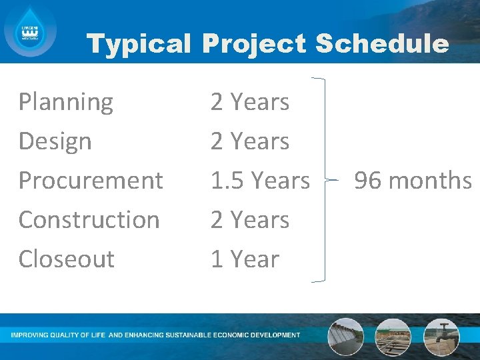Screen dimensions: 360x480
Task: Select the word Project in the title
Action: pyautogui.click(x=253, y=44)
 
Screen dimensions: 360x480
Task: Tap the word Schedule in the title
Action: pyautogui.click(x=381, y=44)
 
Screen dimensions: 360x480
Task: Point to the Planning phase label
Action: pyautogui.click(x=66, y=103)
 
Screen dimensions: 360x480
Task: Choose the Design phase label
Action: pyautogui.click(x=55, y=141)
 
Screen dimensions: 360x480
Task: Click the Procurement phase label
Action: pyautogui.click(x=91, y=180)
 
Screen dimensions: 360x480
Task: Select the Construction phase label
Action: pyautogui.click(x=89, y=219)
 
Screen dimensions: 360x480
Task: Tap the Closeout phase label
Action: pyautogui.click(x=66, y=259)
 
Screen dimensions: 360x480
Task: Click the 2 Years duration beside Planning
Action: pyautogui.click(x=249, y=103)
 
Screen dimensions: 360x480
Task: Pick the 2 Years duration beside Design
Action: pyautogui.click(x=249, y=141)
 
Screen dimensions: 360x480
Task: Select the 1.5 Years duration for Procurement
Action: pyautogui.click(x=260, y=180)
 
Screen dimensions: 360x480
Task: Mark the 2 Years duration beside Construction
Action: pyautogui.click(x=249, y=219)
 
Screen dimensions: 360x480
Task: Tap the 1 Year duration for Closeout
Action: pyautogui.click(x=245, y=259)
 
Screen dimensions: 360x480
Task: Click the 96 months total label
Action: pyautogui.click(x=413, y=180)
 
